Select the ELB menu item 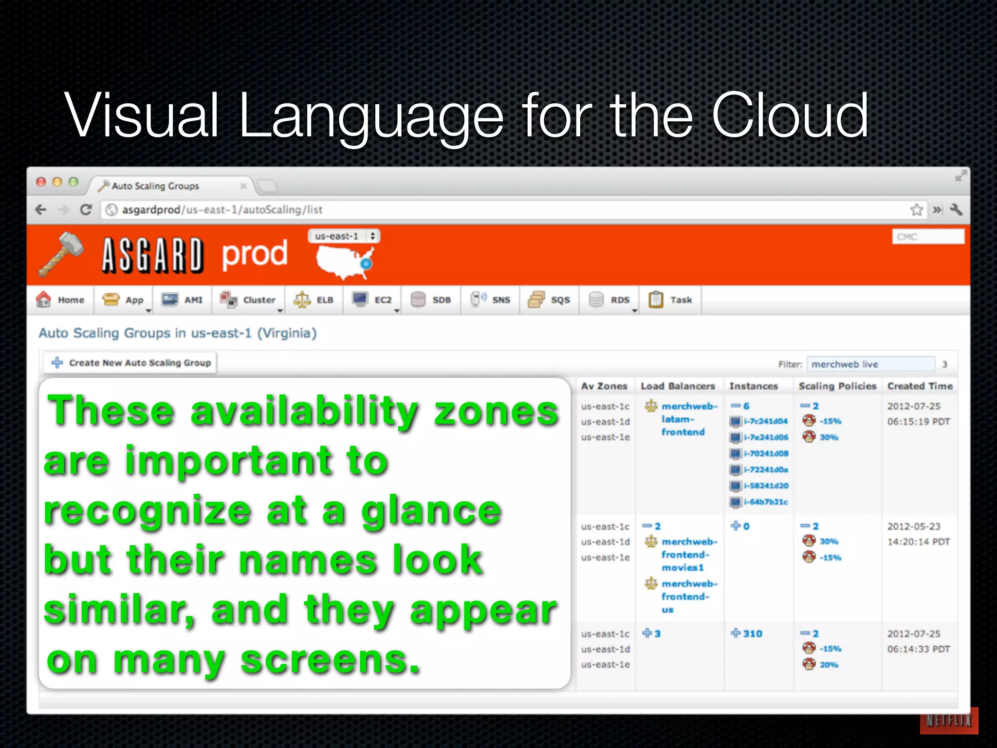pyautogui.click(x=314, y=300)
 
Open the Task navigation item pyautogui.click(x=670, y=300)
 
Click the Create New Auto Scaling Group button pyautogui.click(x=130, y=363)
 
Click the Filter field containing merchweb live pyautogui.click(x=870, y=364)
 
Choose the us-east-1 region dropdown pyautogui.click(x=344, y=236)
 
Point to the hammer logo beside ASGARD pyautogui.click(x=61, y=254)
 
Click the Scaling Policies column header pyautogui.click(x=837, y=386)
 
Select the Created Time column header pyautogui.click(x=920, y=386)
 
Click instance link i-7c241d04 pyautogui.click(x=765, y=421)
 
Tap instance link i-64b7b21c pyautogui.click(x=765, y=502)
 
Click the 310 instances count pyautogui.click(x=752, y=634)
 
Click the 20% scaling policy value pyautogui.click(x=829, y=665)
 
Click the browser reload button pyautogui.click(x=86, y=210)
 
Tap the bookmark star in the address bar pyautogui.click(x=916, y=210)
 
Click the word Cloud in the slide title pyautogui.click(x=790, y=116)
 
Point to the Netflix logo pyautogui.click(x=948, y=720)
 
